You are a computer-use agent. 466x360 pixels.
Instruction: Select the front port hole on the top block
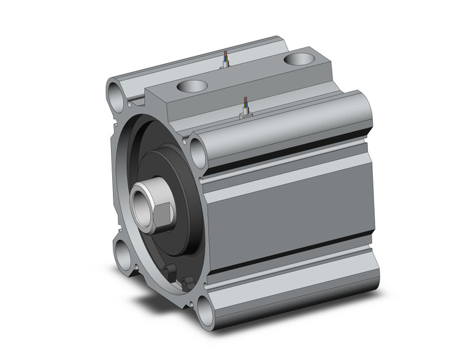[191, 86]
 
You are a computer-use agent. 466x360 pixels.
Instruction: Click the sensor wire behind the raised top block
[226, 58]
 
